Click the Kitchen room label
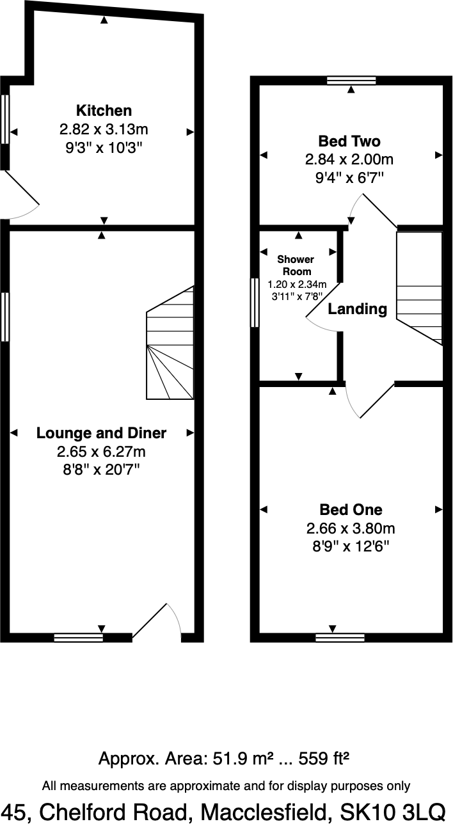(104, 110)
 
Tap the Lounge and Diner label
(101, 433)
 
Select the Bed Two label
(349, 141)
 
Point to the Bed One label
(351, 510)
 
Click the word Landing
(358, 309)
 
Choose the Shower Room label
(296, 265)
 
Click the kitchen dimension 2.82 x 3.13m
(104, 129)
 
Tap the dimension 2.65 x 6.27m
(101, 452)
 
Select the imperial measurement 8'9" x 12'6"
(351, 547)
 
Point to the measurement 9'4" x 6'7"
(349, 177)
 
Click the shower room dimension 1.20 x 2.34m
(297, 284)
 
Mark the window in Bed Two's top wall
(351, 81)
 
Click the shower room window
(255, 303)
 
